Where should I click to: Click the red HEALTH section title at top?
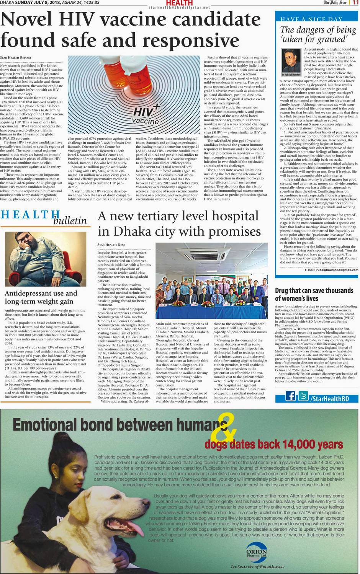point(180,3)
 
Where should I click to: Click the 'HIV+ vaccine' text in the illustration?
point(146,115)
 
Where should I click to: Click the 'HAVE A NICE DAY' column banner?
point(311,19)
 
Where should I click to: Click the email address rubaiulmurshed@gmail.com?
point(337,270)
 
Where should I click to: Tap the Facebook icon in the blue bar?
point(291,395)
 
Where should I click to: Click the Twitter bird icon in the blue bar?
point(303,395)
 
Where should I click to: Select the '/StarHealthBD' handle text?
point(329,398)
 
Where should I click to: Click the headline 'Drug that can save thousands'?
point(314,290)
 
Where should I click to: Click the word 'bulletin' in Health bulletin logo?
point(70,220)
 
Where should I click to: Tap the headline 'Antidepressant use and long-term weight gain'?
point(41,297)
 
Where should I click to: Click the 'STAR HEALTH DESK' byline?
point(111,245)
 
